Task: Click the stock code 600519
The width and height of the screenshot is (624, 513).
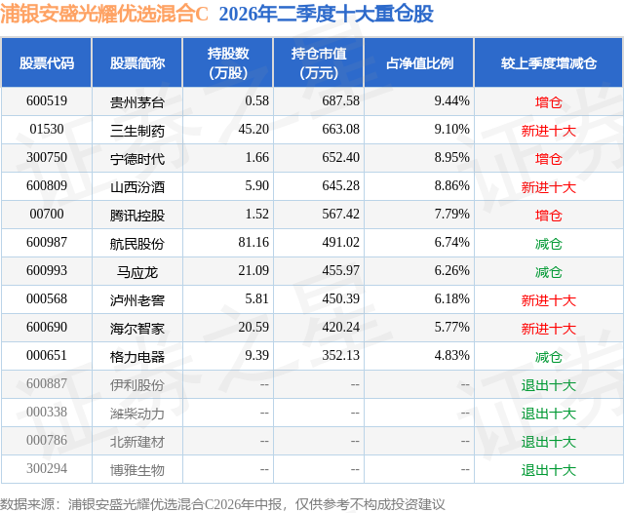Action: [47, 100]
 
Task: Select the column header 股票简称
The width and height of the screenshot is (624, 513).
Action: [137, 62]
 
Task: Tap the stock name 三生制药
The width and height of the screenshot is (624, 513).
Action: [137, 130]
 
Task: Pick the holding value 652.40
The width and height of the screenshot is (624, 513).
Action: [340, 157]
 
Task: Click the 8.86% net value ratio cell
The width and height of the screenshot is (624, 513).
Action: [452, 185]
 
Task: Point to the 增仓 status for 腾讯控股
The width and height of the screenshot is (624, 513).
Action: [548, 215]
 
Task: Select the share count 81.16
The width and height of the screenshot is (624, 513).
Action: [253, 242]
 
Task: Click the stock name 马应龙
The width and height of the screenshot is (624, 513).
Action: [137, 272]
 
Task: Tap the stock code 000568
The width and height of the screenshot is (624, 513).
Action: [47, 298]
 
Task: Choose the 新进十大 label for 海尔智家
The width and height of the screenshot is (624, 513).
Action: [548, 329]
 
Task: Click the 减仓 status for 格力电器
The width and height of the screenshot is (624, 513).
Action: [548, 357]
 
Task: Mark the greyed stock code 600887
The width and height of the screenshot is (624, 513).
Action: [47, 383]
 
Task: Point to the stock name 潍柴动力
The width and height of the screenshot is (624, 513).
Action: [137, 414]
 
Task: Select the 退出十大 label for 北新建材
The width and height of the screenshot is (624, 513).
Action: [548, 442]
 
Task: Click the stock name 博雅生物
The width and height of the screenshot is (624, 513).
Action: [137, 470]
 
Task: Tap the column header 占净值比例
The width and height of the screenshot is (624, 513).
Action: [419, 62]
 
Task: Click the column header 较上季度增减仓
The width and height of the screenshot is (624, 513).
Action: [549, 62]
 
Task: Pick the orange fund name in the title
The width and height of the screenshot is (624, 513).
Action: [104, 14]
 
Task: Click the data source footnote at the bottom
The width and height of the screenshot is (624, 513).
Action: [222, 504]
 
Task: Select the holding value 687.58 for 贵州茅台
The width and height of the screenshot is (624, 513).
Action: [340, 100]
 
